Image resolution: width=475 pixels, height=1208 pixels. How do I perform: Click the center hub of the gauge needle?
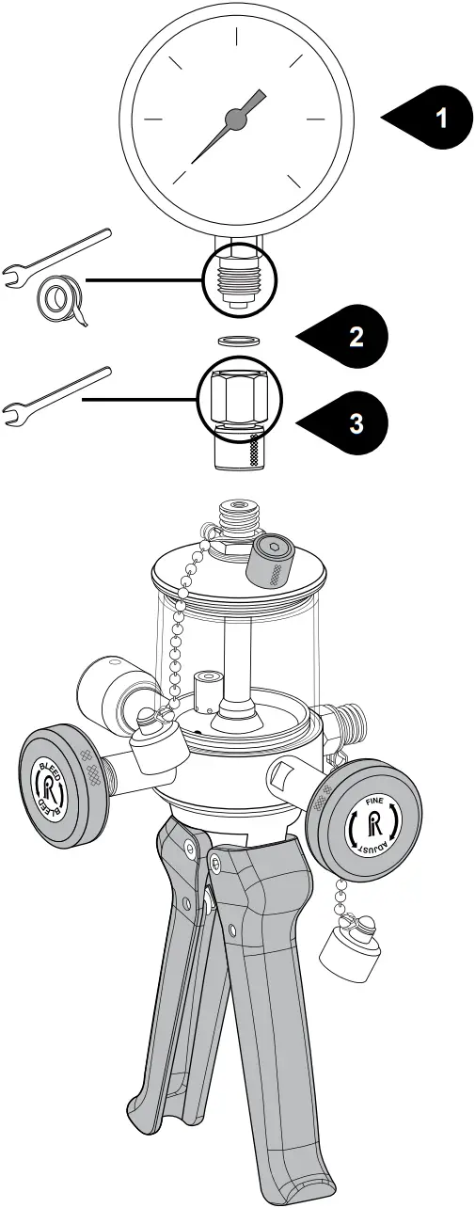pos(234,118)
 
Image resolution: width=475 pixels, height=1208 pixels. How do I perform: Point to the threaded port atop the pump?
pos(234,518)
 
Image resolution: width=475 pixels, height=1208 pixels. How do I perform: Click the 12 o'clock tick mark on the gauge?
pos(234,37)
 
